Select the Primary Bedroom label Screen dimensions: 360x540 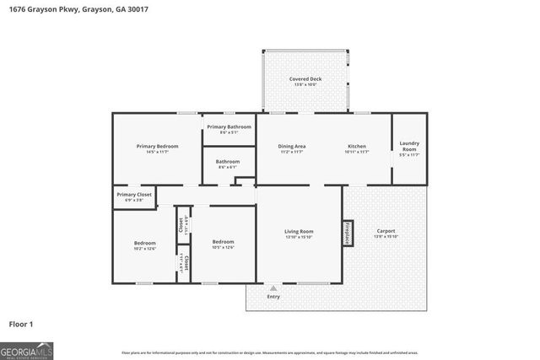157,146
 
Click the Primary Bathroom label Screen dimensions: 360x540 229,126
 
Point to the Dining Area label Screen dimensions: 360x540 292,146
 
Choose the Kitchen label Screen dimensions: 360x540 357,146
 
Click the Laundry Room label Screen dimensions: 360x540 409,145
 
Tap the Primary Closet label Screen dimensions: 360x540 133,194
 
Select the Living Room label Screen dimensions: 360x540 299,231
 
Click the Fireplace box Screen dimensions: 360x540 347,233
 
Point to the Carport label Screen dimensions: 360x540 386,231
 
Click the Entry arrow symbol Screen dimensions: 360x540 273,287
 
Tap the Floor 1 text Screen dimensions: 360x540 21,323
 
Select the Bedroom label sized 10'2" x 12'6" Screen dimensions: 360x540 145,243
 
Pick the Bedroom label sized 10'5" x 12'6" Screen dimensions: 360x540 223,243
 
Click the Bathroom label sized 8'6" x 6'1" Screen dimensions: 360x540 228,161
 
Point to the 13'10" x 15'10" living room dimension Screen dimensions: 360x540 299,237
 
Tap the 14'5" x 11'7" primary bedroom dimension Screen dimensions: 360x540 157,152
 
